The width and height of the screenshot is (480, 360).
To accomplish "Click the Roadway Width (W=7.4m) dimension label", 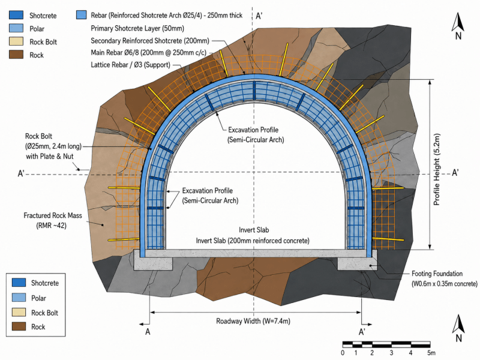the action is (x=253, y=321).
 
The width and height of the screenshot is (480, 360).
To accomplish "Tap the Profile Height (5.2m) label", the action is (x=437, y=169).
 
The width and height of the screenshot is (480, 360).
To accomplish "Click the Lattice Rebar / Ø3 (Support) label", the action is (x=130, y=65).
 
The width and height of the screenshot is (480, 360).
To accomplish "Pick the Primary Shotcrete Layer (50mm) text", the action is (x=137, y=28).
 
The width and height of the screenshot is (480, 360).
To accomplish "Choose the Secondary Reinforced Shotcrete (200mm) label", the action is (x=150, y=41).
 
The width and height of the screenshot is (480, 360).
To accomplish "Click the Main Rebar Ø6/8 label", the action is (x=148, y=53).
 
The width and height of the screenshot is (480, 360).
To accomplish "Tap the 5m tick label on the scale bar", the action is (x=431, y=353).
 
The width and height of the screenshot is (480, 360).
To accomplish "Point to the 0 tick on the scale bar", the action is (x=343, y=353).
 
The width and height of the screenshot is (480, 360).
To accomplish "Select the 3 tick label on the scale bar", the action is (x=392, y=353).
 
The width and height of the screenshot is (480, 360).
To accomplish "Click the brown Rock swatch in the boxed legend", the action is (x=19, y=326).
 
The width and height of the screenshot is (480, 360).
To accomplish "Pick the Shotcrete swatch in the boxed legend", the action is (x=19, y=282).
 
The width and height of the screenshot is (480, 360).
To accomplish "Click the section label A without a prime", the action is (x=148, y=332).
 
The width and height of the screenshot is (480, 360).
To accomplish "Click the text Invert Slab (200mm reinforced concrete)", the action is (x=253, y=241).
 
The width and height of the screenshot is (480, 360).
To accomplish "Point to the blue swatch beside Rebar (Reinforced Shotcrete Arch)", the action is (x=81, y=15).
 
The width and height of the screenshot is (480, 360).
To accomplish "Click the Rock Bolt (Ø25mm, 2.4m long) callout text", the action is (x=53, y=146).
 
